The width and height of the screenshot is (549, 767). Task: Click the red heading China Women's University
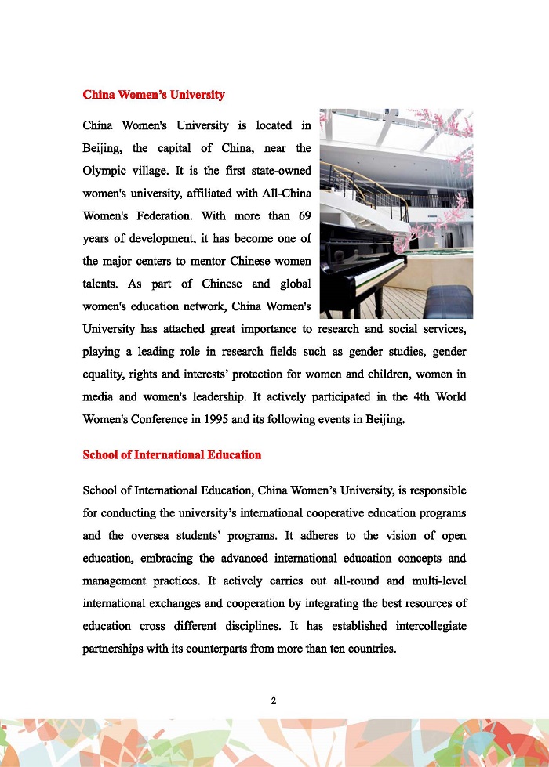pyautogui.click(x=154, y=95)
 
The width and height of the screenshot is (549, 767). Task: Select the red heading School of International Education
pyautogui.click(x=172, y=455)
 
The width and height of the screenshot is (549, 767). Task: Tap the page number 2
pyautogui.click(x=274, y=700)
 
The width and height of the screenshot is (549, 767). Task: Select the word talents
pyautogui.click(x=101, y=284)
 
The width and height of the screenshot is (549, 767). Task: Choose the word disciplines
pyautogui.click(x=250, y=628)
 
